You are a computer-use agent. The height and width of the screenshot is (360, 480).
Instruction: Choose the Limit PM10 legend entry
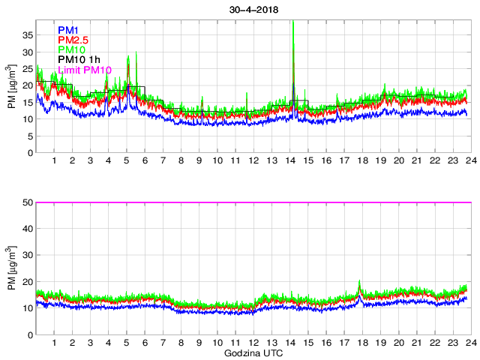tap(85, 70)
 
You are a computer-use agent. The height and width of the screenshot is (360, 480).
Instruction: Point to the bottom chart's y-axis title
tap(12, 268)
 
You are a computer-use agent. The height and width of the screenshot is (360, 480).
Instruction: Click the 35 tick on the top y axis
tap(26, 34)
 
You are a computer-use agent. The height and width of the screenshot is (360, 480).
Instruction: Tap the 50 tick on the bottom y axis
tap(26, 202)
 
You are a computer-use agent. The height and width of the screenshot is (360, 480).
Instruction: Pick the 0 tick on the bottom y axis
tap(28, 334)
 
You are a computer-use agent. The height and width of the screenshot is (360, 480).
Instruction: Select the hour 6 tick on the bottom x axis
tap(145, 343)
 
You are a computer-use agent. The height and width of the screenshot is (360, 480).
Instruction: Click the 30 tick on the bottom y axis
tap(26, 256)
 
